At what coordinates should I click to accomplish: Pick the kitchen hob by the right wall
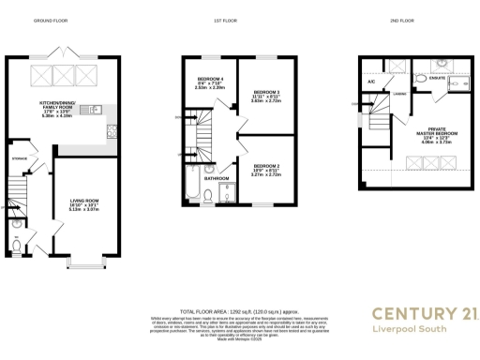pyautogui.click(x=111, y=129)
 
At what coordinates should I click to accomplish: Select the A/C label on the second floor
pyautogui.click(x=372, y=82)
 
